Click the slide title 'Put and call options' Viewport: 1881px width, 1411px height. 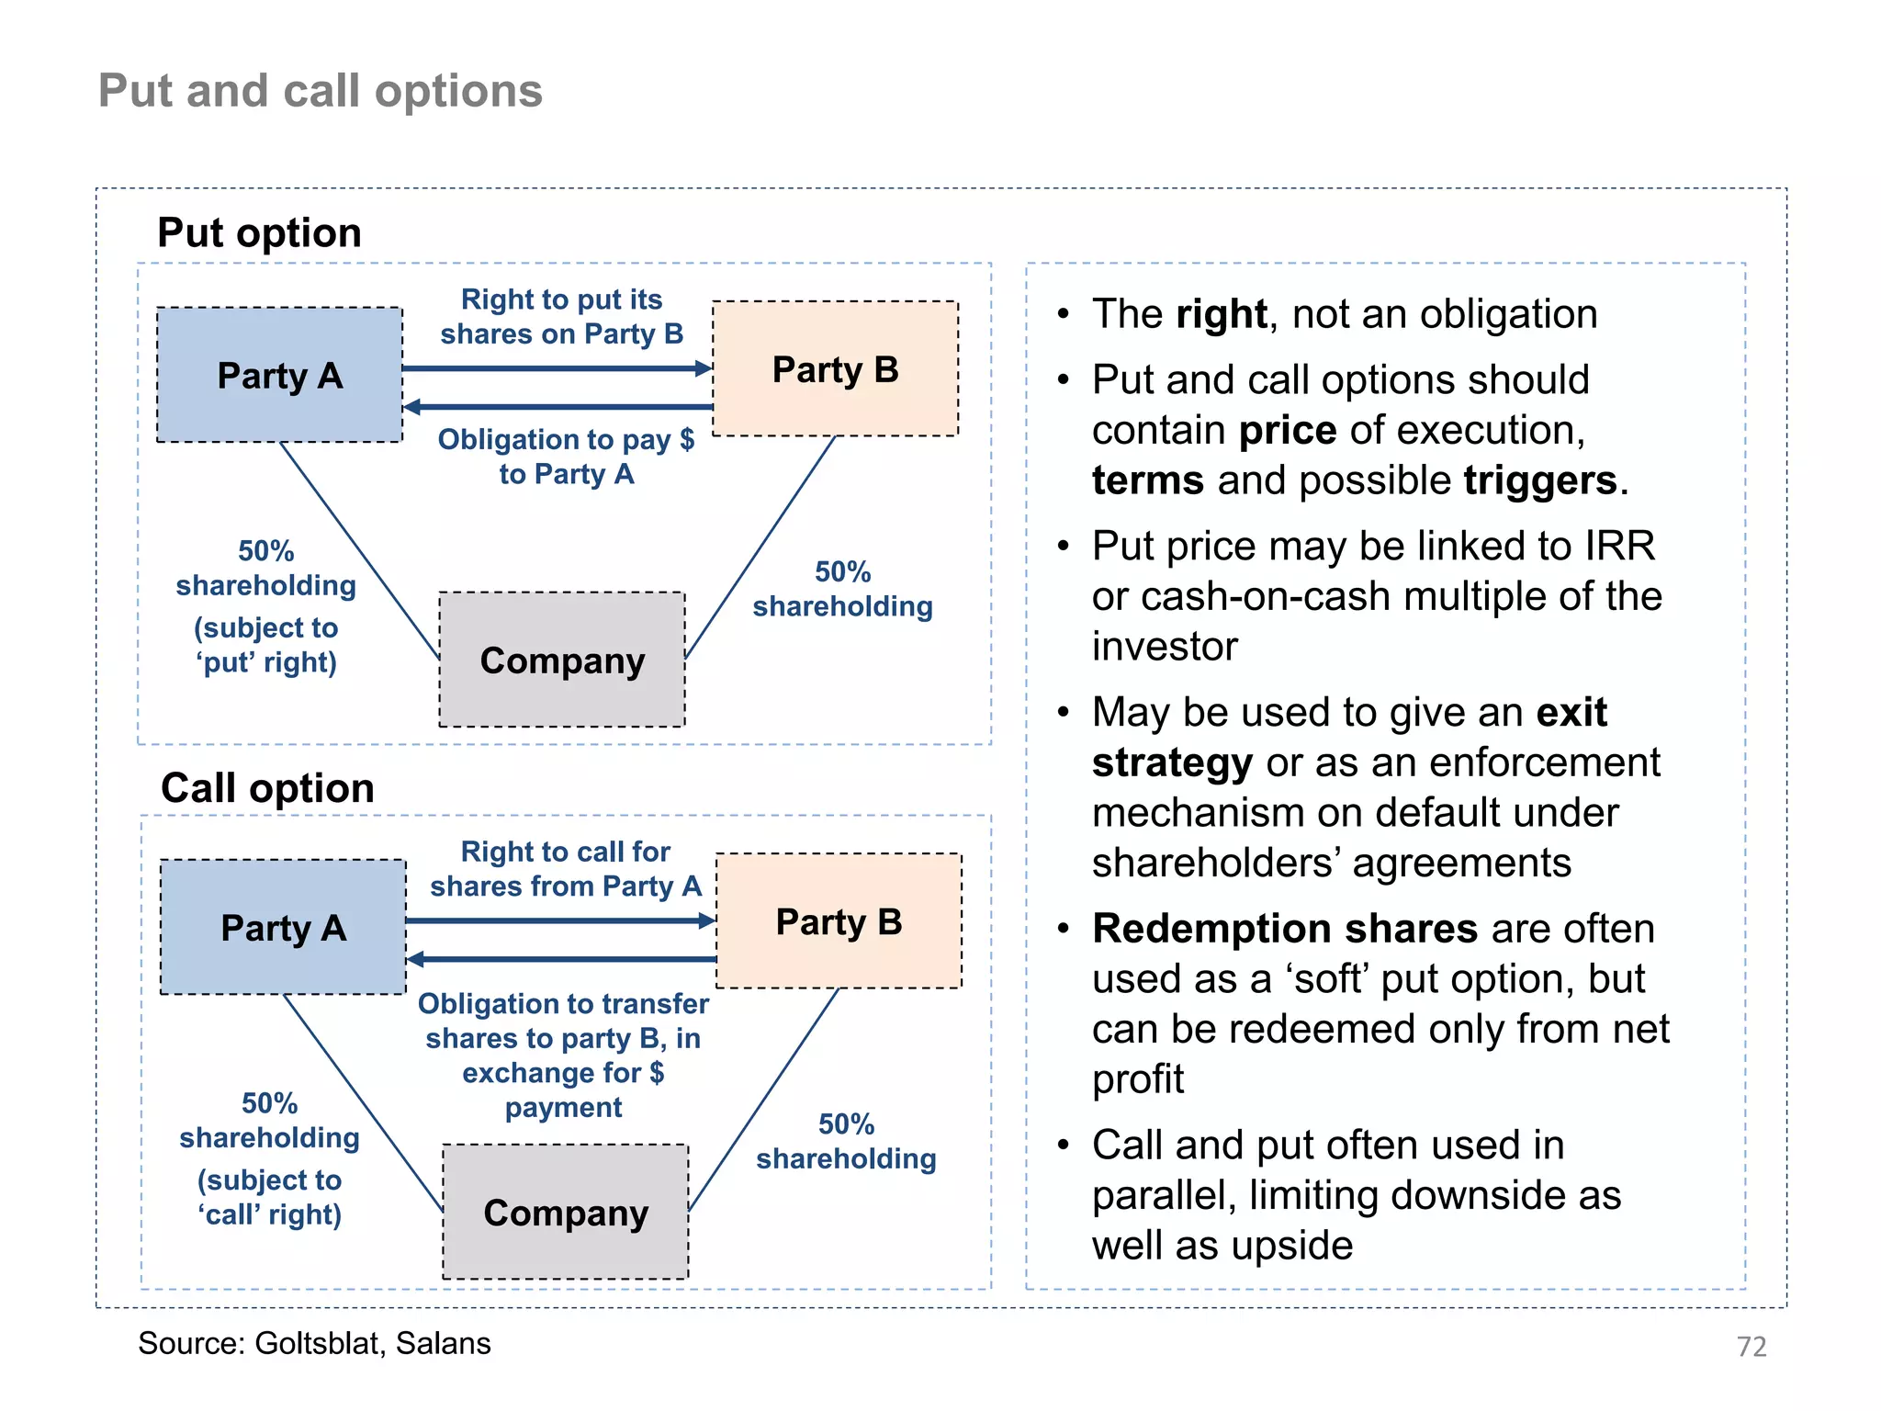(x=321, y=91)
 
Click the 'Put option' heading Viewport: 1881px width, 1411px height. (x=259, y=232)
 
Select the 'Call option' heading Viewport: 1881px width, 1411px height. (x=267, y=788)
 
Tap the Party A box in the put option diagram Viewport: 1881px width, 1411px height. (x=279, y=375)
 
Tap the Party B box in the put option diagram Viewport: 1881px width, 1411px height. (x=835, y=369)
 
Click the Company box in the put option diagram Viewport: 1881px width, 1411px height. (x=562, y=660)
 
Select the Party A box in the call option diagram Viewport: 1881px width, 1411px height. (x=283, y=928)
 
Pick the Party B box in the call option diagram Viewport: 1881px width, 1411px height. (x=839, y=921)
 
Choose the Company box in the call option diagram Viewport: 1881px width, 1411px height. (x=566, y=1213)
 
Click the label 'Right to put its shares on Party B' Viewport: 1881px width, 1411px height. (x=561, y=317)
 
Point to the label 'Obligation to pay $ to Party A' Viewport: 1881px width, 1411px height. (x=566, y=457)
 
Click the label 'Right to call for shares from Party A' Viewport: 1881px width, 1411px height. (x=565, y=869)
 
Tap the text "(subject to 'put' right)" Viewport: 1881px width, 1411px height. (x=265, y=645)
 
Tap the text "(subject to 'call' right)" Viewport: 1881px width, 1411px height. (x=269, y=1197)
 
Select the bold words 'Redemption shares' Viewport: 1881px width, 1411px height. (x=1285, y=929)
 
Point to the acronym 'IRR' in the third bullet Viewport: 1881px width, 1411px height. (x=1619, y=547)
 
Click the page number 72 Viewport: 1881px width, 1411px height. (x=1751, y=1347)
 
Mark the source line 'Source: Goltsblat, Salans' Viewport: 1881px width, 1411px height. (x=314, y=1343)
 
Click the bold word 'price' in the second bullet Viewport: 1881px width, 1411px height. (x=1288, y=431)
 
